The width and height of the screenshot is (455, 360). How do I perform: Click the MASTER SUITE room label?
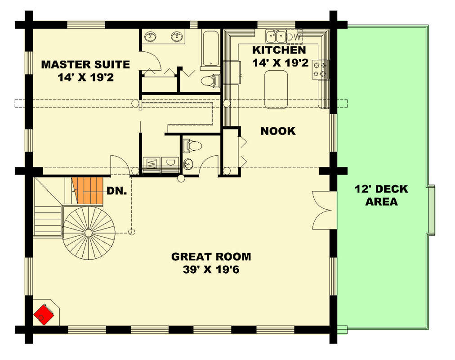[x=85, y=64]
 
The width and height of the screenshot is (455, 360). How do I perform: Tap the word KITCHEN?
[x=279, y=50]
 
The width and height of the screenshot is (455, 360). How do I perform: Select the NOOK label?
[x=278, y=131]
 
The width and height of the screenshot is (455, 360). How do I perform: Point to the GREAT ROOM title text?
[x=211, y=257]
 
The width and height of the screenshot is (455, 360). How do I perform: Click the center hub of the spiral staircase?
[x=88, y=233]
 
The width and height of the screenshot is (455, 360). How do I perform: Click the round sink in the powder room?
[x=188, y=164]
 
